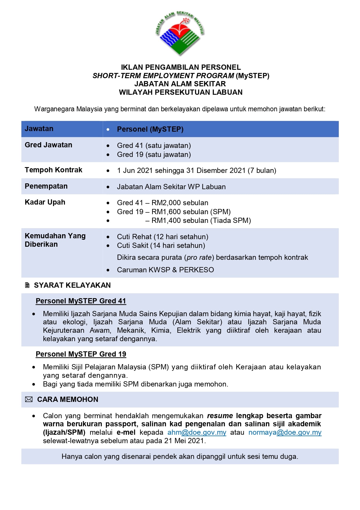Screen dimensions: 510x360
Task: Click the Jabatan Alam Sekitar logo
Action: [x=180, y=33]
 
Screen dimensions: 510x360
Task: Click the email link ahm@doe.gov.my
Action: [x=197, y=432]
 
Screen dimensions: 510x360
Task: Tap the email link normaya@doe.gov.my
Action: [x=285, y=432]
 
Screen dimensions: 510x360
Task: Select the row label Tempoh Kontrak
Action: [x=53, y=170]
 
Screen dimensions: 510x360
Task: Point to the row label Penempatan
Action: [x=46, y=186]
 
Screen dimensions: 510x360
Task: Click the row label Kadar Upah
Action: [x=45, y=202]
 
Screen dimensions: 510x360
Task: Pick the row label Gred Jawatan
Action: [x=48, y=145]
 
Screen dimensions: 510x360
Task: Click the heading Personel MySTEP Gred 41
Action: [x=81, y=301]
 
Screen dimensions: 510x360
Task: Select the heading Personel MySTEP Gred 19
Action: [x=81, y=354]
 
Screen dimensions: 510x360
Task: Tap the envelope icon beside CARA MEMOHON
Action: [x=29, y=400]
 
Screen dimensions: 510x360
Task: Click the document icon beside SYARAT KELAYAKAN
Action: [x=27, y=285]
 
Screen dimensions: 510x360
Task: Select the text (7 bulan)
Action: [x=262, y=171]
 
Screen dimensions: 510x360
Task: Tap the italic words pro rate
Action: [x=199, y=257]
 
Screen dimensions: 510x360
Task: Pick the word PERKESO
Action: [x=197, y=270]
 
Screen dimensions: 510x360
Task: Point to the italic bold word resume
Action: [x=220, y=416]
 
